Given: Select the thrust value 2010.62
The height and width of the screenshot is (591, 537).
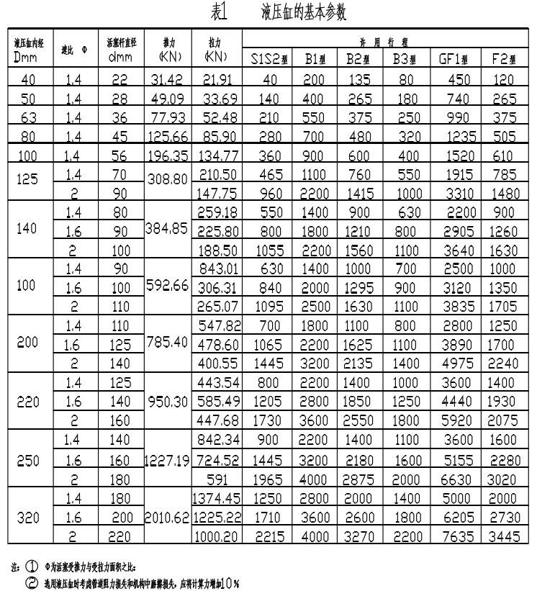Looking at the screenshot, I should [168, 518].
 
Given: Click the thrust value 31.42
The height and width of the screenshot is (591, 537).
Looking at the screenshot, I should [168, 79].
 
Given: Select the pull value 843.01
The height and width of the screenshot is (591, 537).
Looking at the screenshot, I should [217, 269].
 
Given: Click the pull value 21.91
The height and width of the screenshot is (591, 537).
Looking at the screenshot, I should [217, 79].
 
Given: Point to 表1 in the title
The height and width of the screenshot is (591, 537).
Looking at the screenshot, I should [219, 12].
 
